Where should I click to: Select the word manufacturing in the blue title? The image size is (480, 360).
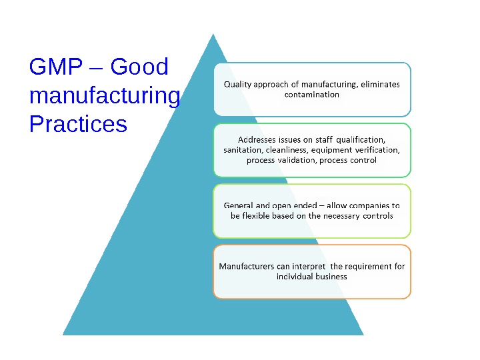(x=105, y=96)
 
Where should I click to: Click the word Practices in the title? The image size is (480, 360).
(x=78, y=124)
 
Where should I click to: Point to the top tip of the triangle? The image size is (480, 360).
(x=213, y=35)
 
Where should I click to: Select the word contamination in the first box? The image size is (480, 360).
(x=312, y=95)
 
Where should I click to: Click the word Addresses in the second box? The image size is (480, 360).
(x=257, y=140)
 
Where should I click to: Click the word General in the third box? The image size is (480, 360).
(x=239, y=206)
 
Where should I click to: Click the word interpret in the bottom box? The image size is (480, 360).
(x=309, y=267)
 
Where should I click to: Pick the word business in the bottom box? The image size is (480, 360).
(x=331, y=277)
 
